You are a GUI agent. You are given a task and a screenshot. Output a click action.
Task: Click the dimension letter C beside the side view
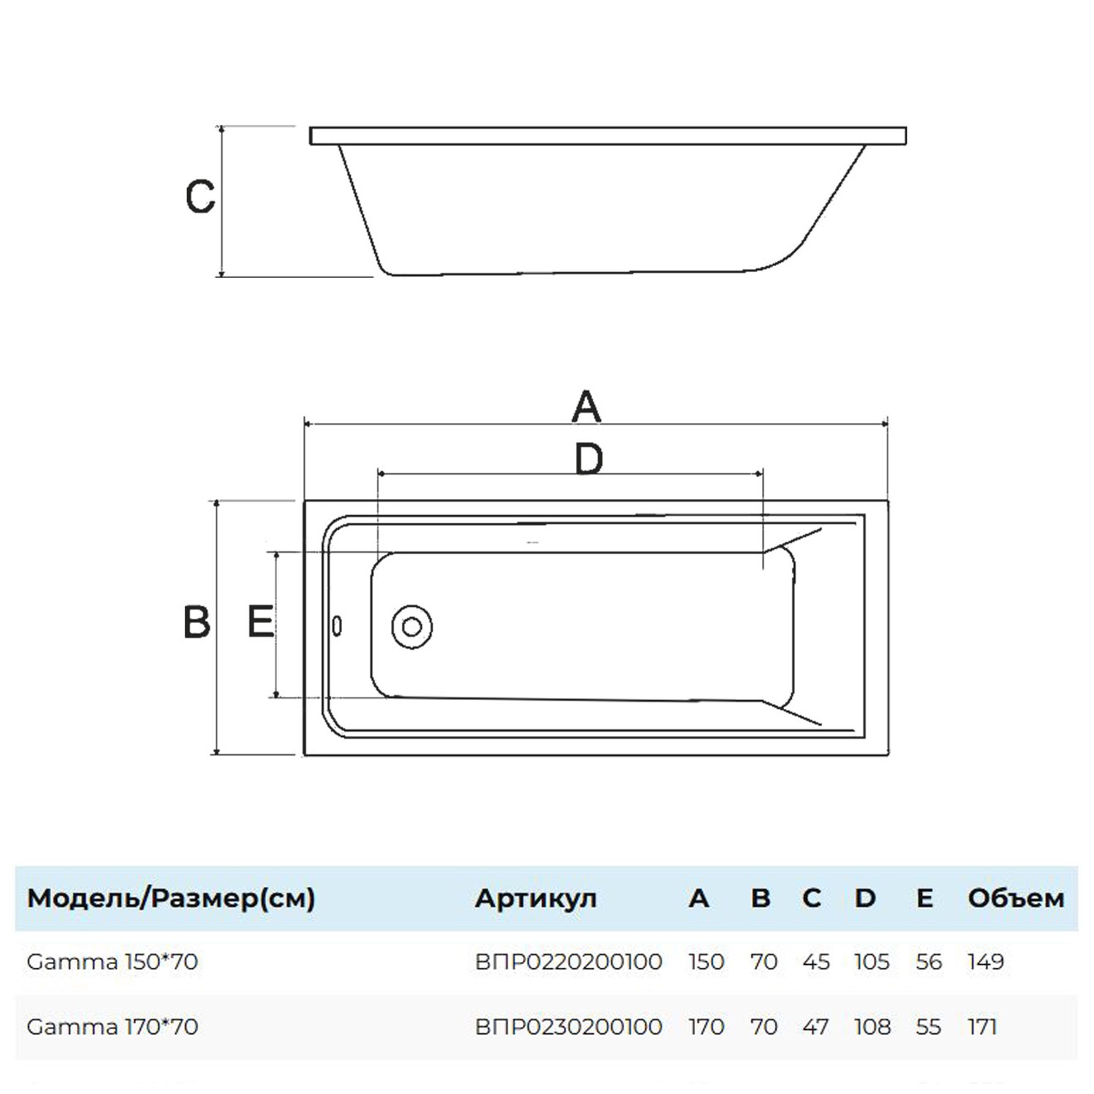pos(200,196)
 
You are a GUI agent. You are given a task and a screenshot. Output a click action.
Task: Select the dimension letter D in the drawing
pos(589,459)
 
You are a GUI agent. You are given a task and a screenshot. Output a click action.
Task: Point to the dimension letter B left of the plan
pos(197,622)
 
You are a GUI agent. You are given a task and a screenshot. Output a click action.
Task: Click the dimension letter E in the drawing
pos(260,621)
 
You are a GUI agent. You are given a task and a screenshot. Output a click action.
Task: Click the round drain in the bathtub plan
pos(411,626)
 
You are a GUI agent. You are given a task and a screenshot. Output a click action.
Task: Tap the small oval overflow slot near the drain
pos(337,626)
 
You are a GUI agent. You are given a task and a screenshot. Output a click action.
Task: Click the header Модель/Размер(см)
pos(171,898)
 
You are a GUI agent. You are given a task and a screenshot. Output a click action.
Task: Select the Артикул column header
pos(535,899)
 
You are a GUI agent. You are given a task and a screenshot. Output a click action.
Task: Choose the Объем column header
pos(1016,898)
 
